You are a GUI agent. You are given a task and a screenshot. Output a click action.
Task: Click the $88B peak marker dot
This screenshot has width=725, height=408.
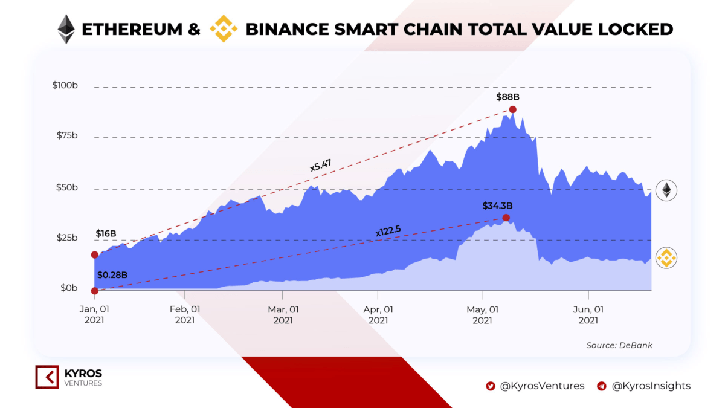[512, 109]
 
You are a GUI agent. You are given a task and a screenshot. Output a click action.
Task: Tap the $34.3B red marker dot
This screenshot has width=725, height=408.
[506, 218]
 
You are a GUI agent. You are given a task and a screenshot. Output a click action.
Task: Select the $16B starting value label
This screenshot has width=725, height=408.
[106, 234]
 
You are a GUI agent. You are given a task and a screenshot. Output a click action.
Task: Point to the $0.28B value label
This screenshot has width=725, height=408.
[112, 274]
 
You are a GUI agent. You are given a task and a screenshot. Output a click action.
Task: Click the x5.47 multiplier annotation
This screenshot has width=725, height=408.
[321, 164]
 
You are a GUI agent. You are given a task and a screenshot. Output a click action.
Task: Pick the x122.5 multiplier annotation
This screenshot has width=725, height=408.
[389, 230]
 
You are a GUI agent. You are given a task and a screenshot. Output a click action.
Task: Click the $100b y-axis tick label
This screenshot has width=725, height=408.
[65, 86]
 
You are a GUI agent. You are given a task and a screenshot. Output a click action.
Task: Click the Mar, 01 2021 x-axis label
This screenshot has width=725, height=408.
[283, 314]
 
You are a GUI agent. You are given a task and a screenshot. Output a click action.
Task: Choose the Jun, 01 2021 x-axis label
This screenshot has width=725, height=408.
[588, 314]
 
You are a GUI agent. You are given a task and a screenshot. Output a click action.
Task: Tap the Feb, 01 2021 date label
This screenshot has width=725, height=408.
[185, 314]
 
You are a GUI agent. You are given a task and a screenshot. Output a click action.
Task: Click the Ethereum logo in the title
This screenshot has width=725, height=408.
[66, 28]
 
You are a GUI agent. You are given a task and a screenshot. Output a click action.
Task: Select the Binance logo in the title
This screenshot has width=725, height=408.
[224, 29]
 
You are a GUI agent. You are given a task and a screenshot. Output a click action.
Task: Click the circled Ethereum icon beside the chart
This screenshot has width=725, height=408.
[666, 190]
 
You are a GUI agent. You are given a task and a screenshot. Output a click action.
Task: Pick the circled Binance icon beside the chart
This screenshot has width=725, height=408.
[666, 258]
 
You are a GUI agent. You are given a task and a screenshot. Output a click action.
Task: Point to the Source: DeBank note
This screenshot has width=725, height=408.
[619, 345]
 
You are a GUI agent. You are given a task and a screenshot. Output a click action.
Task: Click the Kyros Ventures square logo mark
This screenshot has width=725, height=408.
[47, 377]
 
